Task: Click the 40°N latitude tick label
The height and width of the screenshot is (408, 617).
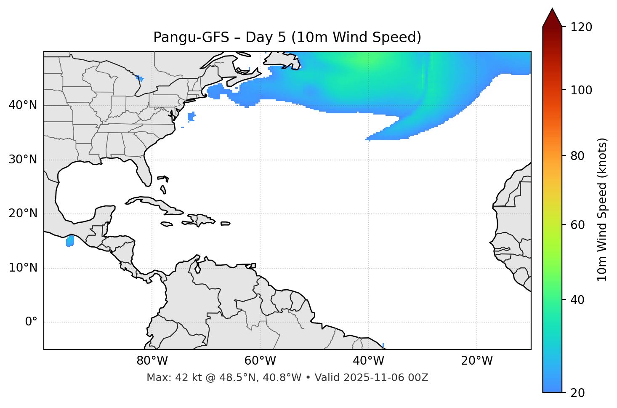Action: (x=23, y=105)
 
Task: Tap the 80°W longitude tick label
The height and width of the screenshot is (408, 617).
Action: (x=152, y=361)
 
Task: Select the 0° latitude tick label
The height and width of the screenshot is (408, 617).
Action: (x=31, y=322)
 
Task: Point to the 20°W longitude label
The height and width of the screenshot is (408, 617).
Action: (x=477, y=361)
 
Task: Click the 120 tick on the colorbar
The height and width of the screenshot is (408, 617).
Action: (x=582, y=27)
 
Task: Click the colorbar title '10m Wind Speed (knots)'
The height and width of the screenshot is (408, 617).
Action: (x=602, y=209)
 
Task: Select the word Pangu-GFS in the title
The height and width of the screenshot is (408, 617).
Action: (x=191, y=37)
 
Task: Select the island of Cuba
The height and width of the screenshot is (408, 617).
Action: (x=152, y=202)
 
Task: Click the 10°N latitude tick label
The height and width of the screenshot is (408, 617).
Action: (x=23, y=268)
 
